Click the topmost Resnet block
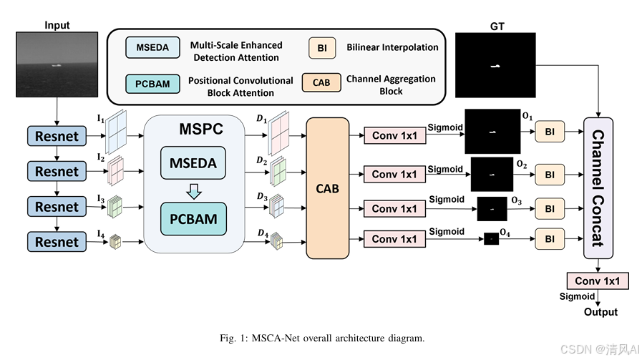point(57,136)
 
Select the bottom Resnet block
point(57,242)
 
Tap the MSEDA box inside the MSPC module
point(193,163)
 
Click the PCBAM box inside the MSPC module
point(193,219)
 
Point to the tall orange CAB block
point(328,188)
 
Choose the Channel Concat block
point(598,188)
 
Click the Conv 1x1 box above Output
point(598,281)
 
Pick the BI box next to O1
point(550,132)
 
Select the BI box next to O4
point(550,239)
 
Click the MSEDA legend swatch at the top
point(152,47)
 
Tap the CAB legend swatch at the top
point(321,82)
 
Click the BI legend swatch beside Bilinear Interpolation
point(322,48)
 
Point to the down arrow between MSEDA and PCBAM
point(194,191)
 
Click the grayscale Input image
point(57,64)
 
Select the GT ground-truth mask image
point(495,65)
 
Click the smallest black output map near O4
point(491,238)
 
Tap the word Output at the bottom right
point(600,312)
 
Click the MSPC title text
point(201,129)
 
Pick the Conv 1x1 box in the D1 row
point(394,135)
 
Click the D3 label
point(262,197)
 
